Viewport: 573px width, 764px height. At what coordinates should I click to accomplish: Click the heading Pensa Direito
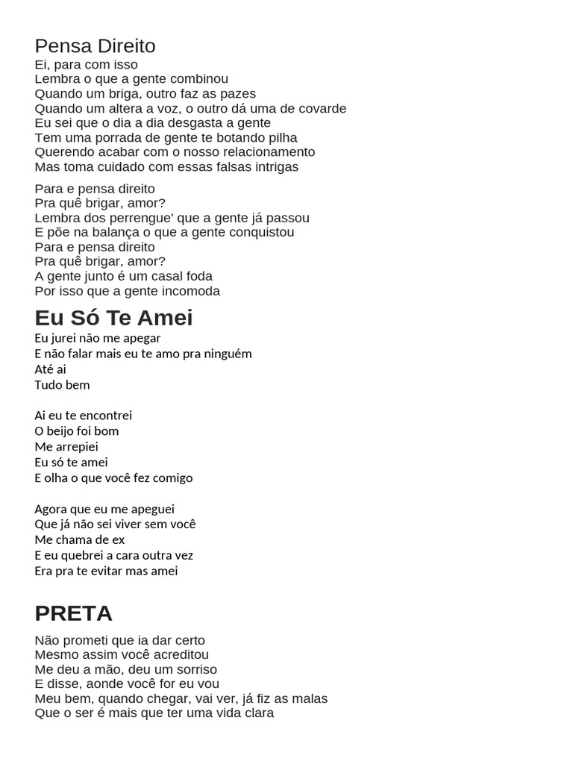coord(95,46)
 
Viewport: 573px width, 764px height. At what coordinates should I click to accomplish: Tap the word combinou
coord(201,79)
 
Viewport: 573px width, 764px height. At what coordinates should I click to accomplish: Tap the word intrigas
coord(273,166)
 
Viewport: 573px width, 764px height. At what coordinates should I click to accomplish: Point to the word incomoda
coord(190,291)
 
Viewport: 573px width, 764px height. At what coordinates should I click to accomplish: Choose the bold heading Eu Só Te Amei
coord(113,318)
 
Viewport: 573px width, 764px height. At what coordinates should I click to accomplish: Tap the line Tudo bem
coord(62,385)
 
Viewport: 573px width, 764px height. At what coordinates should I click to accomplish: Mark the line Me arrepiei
coord(67,447)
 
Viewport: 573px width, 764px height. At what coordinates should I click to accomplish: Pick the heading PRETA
coord(73,613)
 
